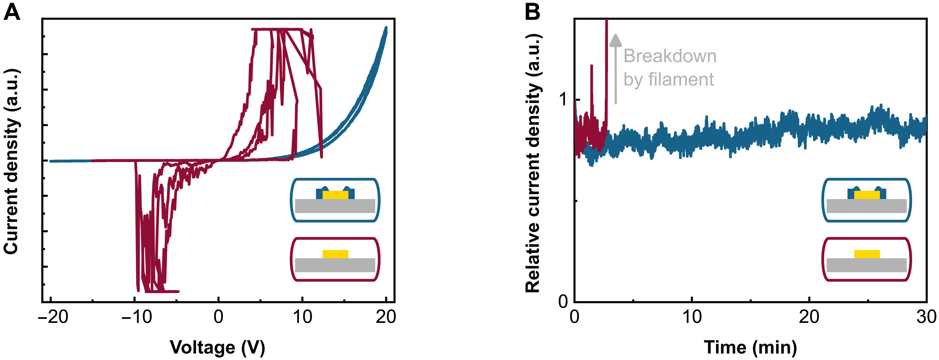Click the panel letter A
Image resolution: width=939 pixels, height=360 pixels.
(x=12, y=13)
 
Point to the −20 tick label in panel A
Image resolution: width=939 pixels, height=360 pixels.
(x=53, y=317)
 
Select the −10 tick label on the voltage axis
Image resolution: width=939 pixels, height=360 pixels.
(x=137, y=317)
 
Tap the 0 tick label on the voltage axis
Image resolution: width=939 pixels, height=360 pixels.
(x=218, y=317)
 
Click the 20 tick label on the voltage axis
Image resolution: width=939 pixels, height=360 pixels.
(x=386, y=317)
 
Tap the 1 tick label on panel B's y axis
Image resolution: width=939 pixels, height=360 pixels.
(x=563, y=99)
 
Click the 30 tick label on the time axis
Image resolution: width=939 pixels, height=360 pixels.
(x=926, y=317)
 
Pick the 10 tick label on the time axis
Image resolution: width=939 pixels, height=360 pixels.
(x=691, y=317)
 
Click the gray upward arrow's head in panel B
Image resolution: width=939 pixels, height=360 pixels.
(x=616, y=40)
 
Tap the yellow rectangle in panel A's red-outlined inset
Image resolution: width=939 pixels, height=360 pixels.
(x=335, y=254)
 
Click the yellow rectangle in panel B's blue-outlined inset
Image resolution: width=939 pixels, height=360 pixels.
(x=867, y=195)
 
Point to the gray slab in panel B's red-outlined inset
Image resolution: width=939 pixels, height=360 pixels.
(x=866, y=265)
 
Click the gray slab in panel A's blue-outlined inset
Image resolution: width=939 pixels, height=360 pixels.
(x=335, y=206)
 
